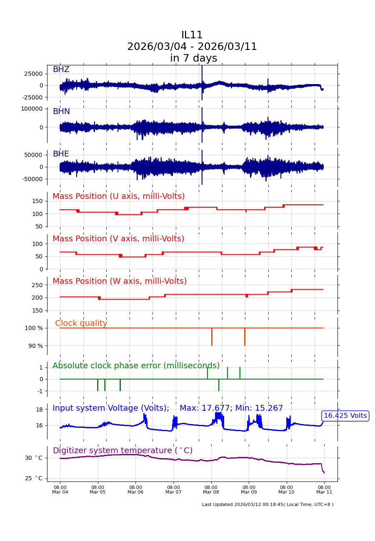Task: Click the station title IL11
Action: click(x=192, y=35)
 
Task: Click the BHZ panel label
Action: click(x=61, y=69)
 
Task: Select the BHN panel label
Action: click(x=61, y=112)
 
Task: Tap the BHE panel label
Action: click(x=61, y=154)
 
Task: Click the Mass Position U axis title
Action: click(x=118, y=196)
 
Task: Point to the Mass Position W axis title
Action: click(x=120, y=281)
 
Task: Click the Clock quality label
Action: click(x=81, y=323)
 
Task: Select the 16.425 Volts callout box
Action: click(x=345, y=416)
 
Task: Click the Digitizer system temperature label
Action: click(x=122, y=451)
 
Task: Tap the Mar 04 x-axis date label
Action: click(x=60, y=492)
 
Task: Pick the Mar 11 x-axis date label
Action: click(x=324, y=492)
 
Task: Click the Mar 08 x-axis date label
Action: click(x=211, y=492)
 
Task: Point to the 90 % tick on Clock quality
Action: click(x=35, y=346)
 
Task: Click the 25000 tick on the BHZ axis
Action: click(x=33, y=74)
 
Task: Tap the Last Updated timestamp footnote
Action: click(x=267, y=504)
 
